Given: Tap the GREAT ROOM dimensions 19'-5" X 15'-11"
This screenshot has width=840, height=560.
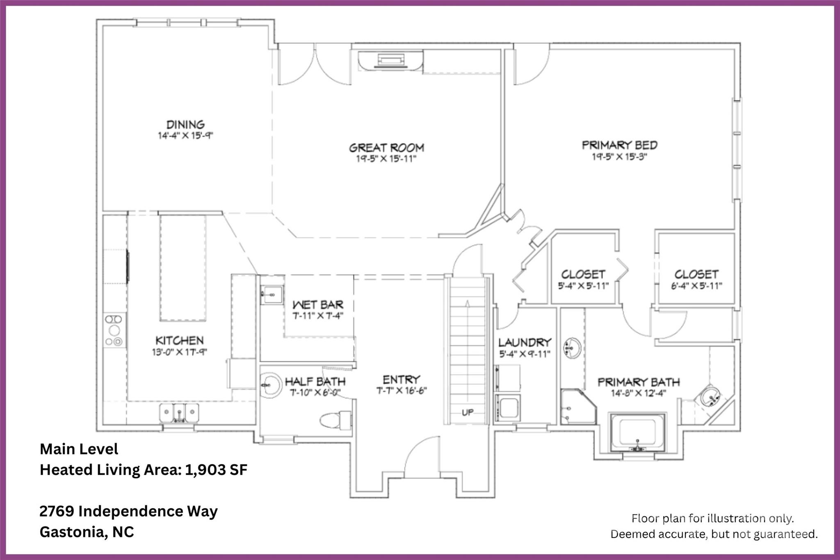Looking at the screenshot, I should pyautogui.click(x=386, y=159).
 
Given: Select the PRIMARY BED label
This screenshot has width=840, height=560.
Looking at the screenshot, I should pyautogui.click(x=619, y=145).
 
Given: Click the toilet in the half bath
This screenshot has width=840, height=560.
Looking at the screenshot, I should pyautogui.click(x=334, y=421).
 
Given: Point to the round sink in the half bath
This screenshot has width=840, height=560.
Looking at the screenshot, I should pyautogui.click(x=270, y=385).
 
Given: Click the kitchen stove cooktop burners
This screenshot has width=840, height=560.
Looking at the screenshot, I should pyautogui.click(x=114, y=330).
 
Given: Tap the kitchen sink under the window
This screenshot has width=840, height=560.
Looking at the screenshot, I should pyautogui.click(x=179, y=412).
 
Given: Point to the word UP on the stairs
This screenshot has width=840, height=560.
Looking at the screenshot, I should pyautogui.click(x=468, y=412).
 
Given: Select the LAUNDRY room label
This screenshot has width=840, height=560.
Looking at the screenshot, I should pyautogui.click(x=525, y=342).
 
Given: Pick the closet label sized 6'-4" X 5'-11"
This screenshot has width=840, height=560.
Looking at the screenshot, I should pyautogui.click(x=696, y=274).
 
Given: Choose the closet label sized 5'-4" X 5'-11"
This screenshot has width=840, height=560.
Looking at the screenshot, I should pyautogui.click(x=583, y=274).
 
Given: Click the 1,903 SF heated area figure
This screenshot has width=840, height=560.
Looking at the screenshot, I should pyautogui.click(x=216, y=470).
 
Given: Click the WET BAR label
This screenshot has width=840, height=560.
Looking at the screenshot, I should pyautogui.click(x=317, y=305).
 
